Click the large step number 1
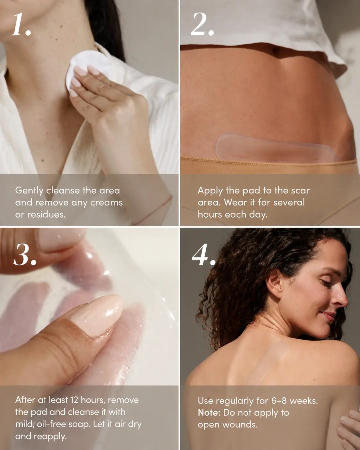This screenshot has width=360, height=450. (x=21, y=24)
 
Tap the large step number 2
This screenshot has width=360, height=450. (x=202, y=24)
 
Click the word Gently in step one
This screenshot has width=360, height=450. (x=29, y=191)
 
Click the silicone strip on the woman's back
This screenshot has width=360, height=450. (x=267, y=364)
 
